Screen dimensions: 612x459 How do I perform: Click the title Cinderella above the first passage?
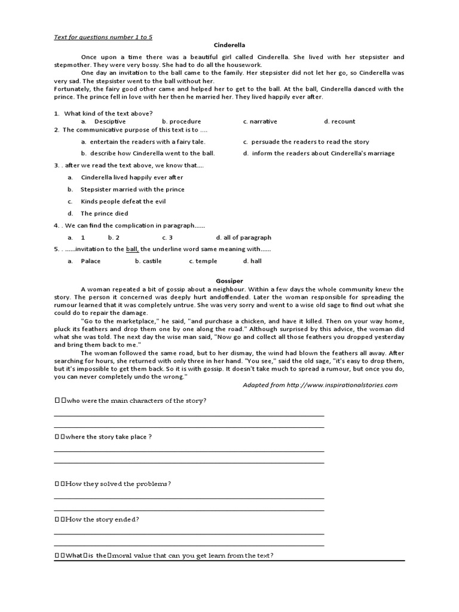tap(229, 45)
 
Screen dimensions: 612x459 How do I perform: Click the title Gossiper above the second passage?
tap(229, 280)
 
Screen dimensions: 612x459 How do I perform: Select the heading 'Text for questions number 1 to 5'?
tap(103, 36)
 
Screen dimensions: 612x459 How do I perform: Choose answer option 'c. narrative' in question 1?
tap(260, 121)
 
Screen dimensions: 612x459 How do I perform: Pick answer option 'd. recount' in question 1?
tap(339, 121)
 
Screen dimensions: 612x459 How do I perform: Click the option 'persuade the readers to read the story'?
tap(306, 142)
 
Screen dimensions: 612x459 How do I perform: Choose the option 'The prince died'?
tap(104, 213)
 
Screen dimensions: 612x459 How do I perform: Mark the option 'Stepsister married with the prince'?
tap(132, 189)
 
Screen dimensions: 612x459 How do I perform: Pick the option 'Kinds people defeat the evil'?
tap(123, 201)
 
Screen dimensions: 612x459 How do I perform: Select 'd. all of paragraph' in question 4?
tap(243, 237)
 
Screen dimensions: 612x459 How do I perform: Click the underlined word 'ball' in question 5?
tap(132, 249)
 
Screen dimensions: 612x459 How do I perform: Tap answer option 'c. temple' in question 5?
tap(203, 261)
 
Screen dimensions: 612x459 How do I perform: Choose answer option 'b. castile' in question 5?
tap(148, 261)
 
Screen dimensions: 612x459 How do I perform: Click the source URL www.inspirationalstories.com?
tap(342, 385)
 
